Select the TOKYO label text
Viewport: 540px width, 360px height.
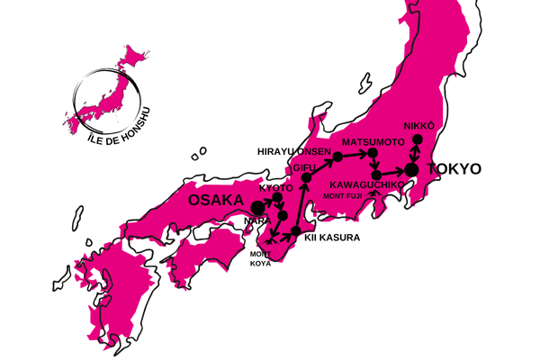(454, 168)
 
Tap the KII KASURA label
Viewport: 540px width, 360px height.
(333, 238)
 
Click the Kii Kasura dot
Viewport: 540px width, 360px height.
(296, 233)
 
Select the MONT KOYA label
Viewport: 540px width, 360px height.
(260, 259)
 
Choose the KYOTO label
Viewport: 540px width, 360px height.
(275, 187)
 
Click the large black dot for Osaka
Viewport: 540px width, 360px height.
(258, 207)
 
